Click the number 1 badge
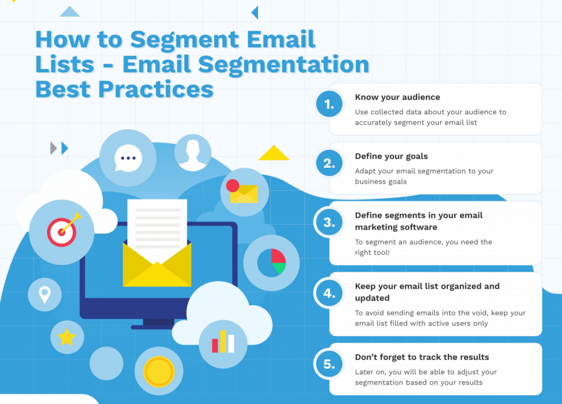tap(329, 104)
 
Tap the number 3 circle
tap(329, 222)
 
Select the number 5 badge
tap(329, 364)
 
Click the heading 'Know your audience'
tap(397, 98)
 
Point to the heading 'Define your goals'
tap(391, 156)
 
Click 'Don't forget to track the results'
tap(422, 357)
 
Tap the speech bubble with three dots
tap(127, 158)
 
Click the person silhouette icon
tap(193, 154)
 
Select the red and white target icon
tap(63, 231)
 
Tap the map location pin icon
tap(45, 295)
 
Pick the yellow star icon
tap(67, 337)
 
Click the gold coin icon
tap(159, 372)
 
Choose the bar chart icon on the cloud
tap(223, 342)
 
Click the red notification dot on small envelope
tap(233, 186)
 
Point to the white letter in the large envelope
tap(158, 229)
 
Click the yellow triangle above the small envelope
tap(274, 153)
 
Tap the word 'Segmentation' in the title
tap(283, 65)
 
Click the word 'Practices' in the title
tap(156, 89)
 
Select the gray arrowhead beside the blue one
tap(53, 148)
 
